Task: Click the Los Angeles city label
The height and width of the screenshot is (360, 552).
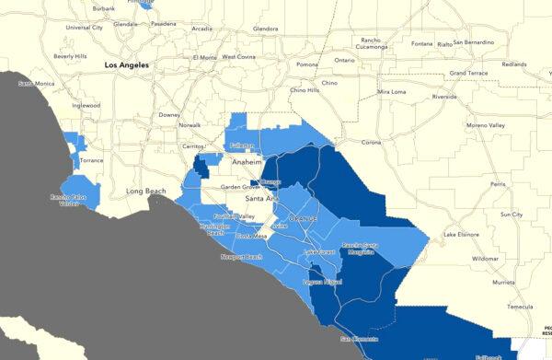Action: tap(126, 65)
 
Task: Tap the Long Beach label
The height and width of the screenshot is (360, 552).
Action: tap(145, 192)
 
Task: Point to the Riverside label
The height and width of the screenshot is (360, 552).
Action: tap(445, 96)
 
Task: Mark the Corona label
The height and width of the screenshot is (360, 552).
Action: tap(371, 142)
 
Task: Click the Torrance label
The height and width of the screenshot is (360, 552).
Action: tap(92, 160)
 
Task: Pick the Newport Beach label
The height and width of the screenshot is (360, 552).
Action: tap(240, 257)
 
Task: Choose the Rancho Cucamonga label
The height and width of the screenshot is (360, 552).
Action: tap(371, 44)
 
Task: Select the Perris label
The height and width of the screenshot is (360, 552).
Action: tap(498, 184)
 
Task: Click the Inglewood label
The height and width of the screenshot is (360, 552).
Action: tap(85, 105)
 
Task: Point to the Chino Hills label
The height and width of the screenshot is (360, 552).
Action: tap(305, 90)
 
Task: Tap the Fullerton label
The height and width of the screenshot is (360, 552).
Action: tap(241, 145)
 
